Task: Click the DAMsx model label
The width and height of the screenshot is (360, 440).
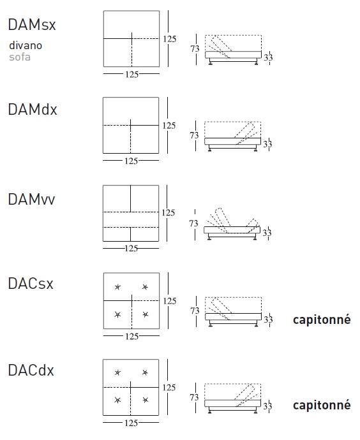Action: click(32, 25)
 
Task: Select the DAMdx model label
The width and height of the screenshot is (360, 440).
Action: click(33, 109)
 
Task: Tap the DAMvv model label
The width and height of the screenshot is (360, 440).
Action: click(31, 200)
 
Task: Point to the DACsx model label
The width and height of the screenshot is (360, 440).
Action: click(31, 283)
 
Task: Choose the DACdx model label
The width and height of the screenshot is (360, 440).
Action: click(31, 370)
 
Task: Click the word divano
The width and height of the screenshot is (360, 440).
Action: click(26, 45)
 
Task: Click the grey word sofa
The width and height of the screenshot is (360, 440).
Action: click(20, 57)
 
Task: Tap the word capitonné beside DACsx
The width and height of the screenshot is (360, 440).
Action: click(322, 320)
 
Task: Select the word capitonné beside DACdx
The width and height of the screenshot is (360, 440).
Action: click(322, 405)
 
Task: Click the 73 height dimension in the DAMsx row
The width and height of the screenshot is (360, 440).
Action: click(195, 49)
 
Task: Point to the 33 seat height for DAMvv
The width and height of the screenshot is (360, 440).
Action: click(267, 233)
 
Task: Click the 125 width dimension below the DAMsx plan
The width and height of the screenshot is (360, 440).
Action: click(132, 75)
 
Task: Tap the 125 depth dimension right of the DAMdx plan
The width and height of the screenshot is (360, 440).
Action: click(169, 126)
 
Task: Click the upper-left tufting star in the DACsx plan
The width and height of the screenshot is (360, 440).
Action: click(117, 287)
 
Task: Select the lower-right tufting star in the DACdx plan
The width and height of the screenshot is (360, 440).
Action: click(145, 400)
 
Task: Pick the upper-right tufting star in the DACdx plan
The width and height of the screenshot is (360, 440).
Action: click(145, 372)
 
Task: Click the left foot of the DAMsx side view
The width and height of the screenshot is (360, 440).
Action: click(211, 62)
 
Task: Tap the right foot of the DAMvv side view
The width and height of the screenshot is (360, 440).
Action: click(255, 238)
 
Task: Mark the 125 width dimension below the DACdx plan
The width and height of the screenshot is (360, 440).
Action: click(131, 423)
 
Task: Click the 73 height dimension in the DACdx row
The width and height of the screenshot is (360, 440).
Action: click(194, 397)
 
